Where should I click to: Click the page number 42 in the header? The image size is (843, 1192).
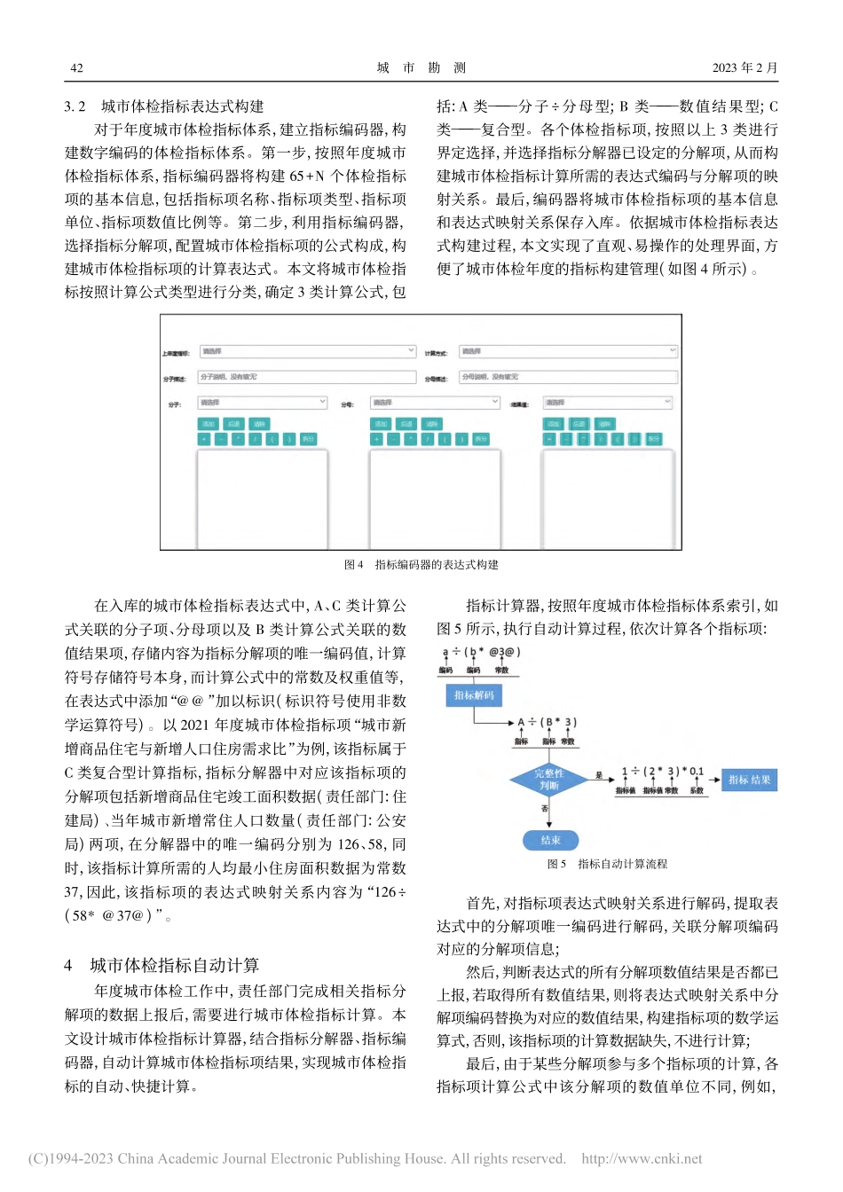tap(76, 67)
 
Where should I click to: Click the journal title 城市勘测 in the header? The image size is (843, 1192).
tap(421, 67)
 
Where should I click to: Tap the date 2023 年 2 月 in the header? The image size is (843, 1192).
tap(745, 67)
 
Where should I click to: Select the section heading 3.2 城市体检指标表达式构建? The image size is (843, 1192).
tap(164, 106)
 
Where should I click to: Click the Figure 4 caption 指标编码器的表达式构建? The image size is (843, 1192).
tap(421, 564)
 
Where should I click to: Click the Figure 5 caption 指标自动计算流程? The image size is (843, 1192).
tap(607, 864)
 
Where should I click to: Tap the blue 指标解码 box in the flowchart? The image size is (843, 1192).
tap(474, 695)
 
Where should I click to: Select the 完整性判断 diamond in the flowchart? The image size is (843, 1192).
tap(548, 780)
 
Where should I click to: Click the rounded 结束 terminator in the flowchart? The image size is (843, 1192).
tap(550, 840)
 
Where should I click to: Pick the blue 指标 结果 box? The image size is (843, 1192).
tap(749, 780)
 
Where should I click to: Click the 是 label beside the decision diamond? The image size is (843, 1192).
tap(598, 775)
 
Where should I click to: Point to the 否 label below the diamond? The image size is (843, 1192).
tap(545, 809)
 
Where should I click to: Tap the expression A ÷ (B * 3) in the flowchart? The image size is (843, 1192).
tap(547, 723)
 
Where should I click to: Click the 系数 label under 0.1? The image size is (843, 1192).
tap(697, 790)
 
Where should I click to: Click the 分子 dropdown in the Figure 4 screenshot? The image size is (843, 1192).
tap(262, 403)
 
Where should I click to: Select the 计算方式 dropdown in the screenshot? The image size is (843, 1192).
tap(568, 351)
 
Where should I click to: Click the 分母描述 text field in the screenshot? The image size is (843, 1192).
tap(568, 377)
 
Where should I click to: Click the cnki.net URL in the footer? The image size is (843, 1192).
tap(642, 1158)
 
